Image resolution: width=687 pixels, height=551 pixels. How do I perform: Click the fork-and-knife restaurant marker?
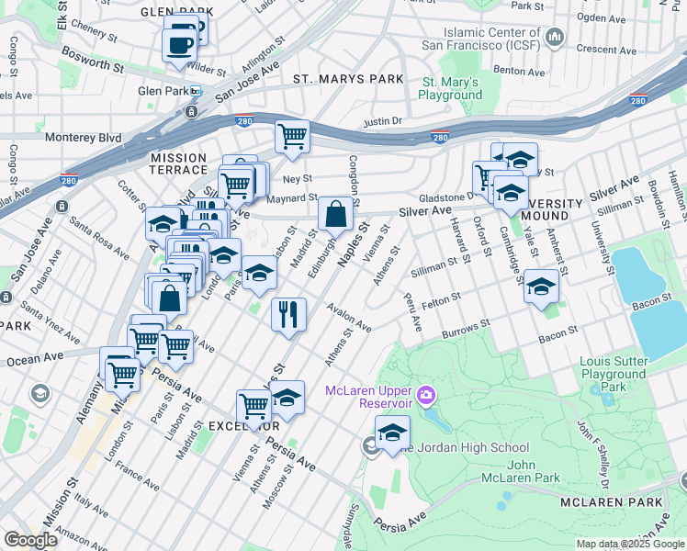[288, 314]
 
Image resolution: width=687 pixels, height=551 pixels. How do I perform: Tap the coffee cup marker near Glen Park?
[180, 44]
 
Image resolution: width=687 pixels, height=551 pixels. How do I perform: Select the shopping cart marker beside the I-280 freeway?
[292, 137]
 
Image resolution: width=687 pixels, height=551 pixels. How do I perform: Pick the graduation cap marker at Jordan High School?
[392, 433]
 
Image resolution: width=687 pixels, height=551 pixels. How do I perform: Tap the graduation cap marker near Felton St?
[541, 287]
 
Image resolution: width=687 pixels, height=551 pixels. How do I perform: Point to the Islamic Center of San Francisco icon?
[554, 37]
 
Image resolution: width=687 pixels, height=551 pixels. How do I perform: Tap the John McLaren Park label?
[520, 471]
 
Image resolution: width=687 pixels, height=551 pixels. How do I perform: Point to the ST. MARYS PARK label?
[348, 79]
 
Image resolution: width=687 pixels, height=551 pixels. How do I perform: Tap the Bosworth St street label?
[93, 61]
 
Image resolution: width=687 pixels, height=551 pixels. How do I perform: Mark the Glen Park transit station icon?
[196, 91]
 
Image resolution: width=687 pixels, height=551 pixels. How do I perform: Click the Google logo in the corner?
[30, 540]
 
